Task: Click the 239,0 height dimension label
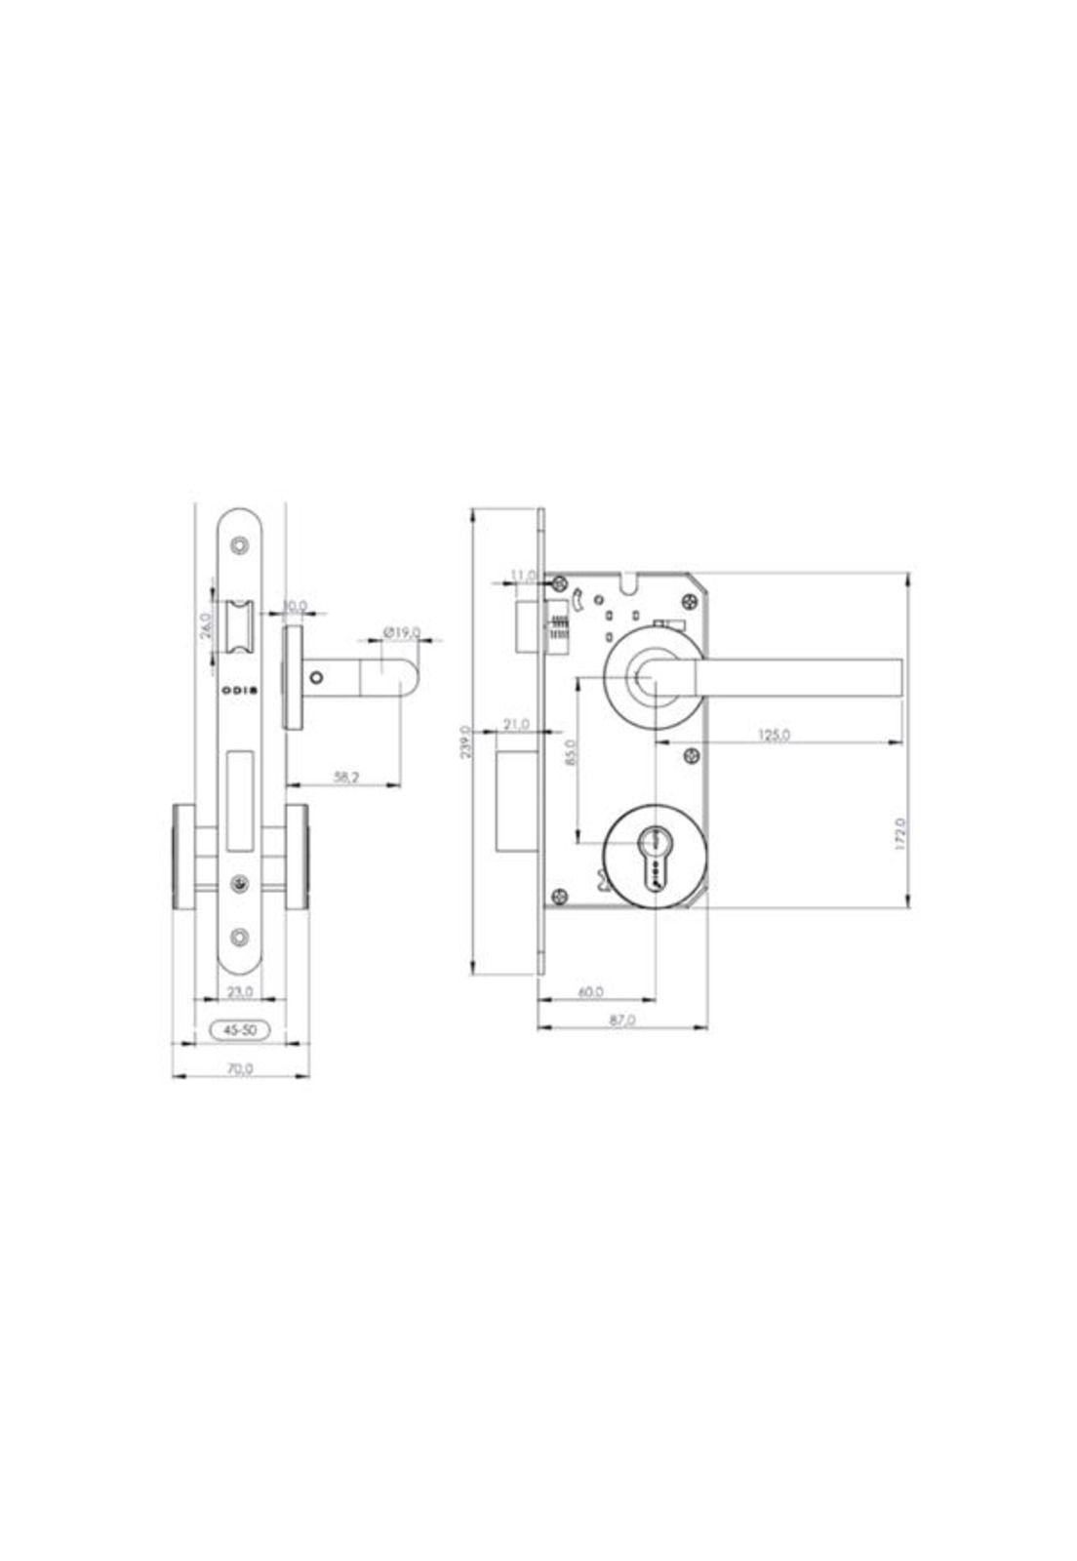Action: (x=465, y=741)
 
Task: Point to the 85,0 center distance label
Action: (x=572, y=754)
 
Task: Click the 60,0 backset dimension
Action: (x=591, y=991)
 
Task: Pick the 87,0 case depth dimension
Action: (x=621, y=1020)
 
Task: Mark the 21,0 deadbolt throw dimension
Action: (x=516, y=724)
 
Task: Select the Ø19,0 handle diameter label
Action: (x=401, y=632)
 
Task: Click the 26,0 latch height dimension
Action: (x=206, y=625)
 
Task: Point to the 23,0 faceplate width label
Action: (x=240, y=991)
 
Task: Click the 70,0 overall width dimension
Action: (x=240, y=1068)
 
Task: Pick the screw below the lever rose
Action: (x=692, y=756)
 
